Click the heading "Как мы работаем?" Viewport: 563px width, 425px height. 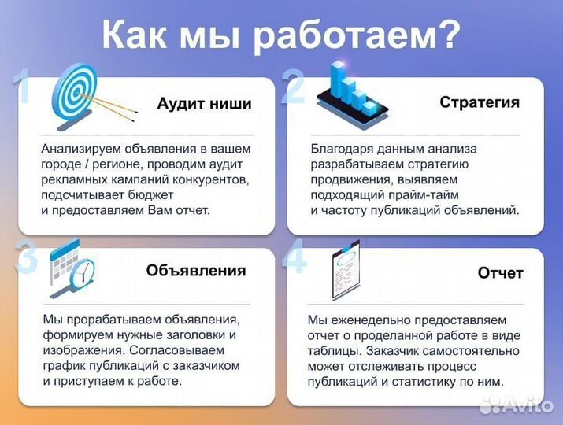(281, 35)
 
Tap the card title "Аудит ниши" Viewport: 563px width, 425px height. (204, 104)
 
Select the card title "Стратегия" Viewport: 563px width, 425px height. (479, 102)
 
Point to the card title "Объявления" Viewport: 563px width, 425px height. (196, 271)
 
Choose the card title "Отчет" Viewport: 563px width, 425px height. (500, 273)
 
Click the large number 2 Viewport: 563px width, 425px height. (293, 87)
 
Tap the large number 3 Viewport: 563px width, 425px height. (27, 258)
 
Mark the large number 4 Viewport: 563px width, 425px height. (295, 258)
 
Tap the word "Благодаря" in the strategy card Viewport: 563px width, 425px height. (338, 148)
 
